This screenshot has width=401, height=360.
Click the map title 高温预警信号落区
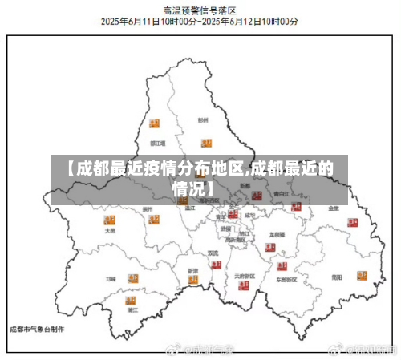(x=200, y=10)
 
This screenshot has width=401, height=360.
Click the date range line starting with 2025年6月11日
(x=200, y=22)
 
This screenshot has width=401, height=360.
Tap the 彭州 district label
(x=203, y=120)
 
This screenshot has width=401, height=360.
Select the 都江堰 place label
(x=157, y=144)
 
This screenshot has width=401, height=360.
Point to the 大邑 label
(x=110, y=231)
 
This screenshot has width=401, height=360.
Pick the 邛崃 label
(x=111, y=278)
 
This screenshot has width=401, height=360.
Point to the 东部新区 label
(x=286, y=281)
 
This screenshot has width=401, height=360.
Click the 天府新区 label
(x=245, y=277)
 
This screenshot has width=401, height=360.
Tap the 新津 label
(x=192, y=271)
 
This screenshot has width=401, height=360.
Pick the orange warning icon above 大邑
(x=109, y=218)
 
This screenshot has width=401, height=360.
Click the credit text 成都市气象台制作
(x=36, y=329)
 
